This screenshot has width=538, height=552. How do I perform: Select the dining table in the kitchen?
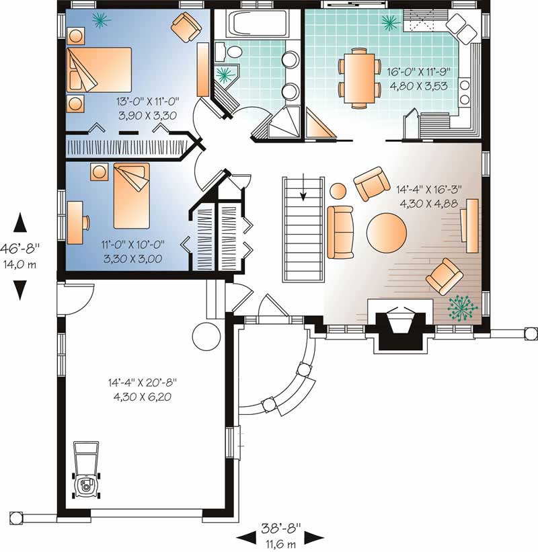click(x=358, y=77)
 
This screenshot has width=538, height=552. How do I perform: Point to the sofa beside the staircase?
click(x=341, y=232)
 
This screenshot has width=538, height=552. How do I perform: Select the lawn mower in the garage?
click(x=85, y=471)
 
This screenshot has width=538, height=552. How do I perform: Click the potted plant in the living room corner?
click(x=463, y=307)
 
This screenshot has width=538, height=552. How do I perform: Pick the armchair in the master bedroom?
click(x=186, y=28)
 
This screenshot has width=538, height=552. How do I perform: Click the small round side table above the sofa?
click(x=338, y=190)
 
